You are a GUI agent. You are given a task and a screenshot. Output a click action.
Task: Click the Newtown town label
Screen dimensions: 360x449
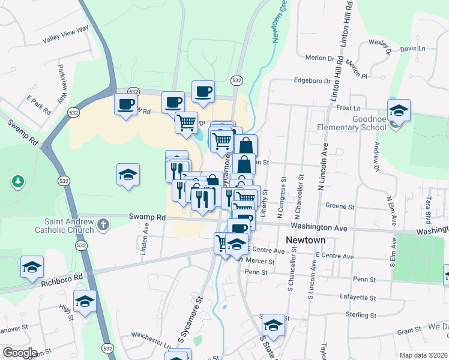[306, 240]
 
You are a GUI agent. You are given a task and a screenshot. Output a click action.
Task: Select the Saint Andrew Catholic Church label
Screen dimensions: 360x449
[64, 225]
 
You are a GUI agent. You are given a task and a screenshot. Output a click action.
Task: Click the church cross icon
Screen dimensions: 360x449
[103, 225]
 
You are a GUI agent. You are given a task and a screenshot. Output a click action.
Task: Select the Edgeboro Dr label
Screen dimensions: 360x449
[312, 81]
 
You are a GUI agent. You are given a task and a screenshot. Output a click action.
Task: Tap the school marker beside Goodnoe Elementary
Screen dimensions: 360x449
[399, 110]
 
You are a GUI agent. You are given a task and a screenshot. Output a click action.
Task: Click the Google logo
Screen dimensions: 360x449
[20, 353]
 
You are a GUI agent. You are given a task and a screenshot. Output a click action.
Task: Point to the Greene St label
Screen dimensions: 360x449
[340, 206]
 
